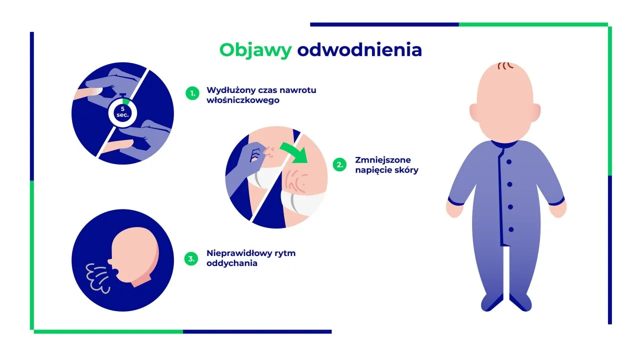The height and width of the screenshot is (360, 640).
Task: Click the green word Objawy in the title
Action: (255, 50)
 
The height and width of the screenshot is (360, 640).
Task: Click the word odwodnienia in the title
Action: (359, 50)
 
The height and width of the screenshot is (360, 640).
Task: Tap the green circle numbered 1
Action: (192, 93)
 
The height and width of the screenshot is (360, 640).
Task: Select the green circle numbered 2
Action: (339, 165)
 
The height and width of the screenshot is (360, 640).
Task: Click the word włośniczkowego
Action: (242, 100)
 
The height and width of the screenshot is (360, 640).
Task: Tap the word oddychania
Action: (231, 263)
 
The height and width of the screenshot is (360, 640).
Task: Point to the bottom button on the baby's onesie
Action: (510, 229)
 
